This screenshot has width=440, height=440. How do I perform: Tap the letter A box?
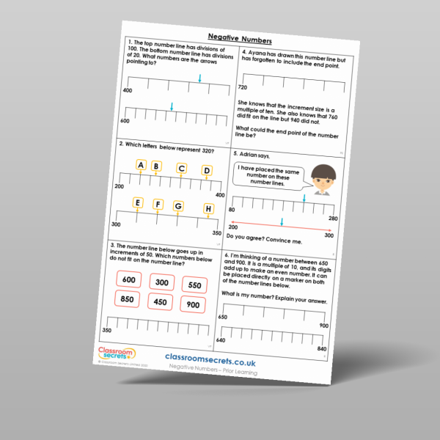pyautogui.click(x=141, y=165)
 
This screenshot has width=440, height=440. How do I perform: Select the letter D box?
pyautogui.click(x=207, y=171)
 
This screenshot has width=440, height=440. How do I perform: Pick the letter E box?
pyautogui.click(x=137, y=202)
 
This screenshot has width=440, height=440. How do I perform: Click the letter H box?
pyautogui.click(x=209, y=210)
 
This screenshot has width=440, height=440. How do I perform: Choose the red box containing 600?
pyautogui.click(x=130, y=279)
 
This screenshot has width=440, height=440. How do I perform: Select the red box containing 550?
pyautogui.click(x=196, y=285)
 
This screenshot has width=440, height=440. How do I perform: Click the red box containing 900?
pyautogui.click(x=194, y=304)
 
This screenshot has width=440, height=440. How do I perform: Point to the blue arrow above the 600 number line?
pyautogui.click(x=172, y=107)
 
